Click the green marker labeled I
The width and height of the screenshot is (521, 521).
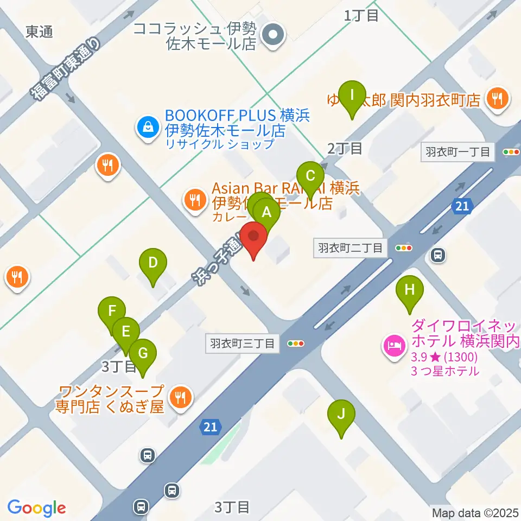[x=353, y=96]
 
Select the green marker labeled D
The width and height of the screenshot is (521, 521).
[x=153, y=264]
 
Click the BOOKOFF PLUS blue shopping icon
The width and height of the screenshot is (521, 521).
[x=147, y=128]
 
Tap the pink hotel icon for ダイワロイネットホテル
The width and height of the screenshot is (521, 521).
[x=393, y=344]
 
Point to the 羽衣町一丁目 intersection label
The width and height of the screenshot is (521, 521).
[x=458, y=153]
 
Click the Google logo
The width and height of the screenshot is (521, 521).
[x=36, y=508]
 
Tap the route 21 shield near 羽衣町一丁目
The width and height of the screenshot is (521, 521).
[x=461, y=206]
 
